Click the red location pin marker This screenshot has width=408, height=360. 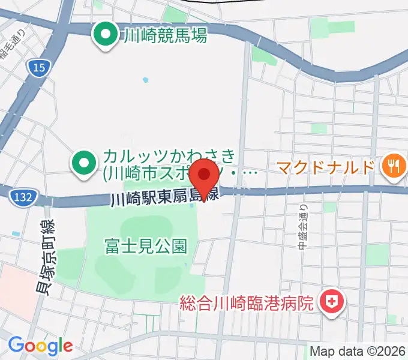205,175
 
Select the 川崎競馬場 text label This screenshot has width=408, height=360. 164,36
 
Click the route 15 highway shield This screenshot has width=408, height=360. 38,69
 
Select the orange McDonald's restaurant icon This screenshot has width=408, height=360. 392,165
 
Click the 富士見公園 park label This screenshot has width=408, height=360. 146,245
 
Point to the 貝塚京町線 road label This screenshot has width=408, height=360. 44,257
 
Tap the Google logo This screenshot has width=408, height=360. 40,345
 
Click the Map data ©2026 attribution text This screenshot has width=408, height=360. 358,351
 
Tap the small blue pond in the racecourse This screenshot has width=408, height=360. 145,79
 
